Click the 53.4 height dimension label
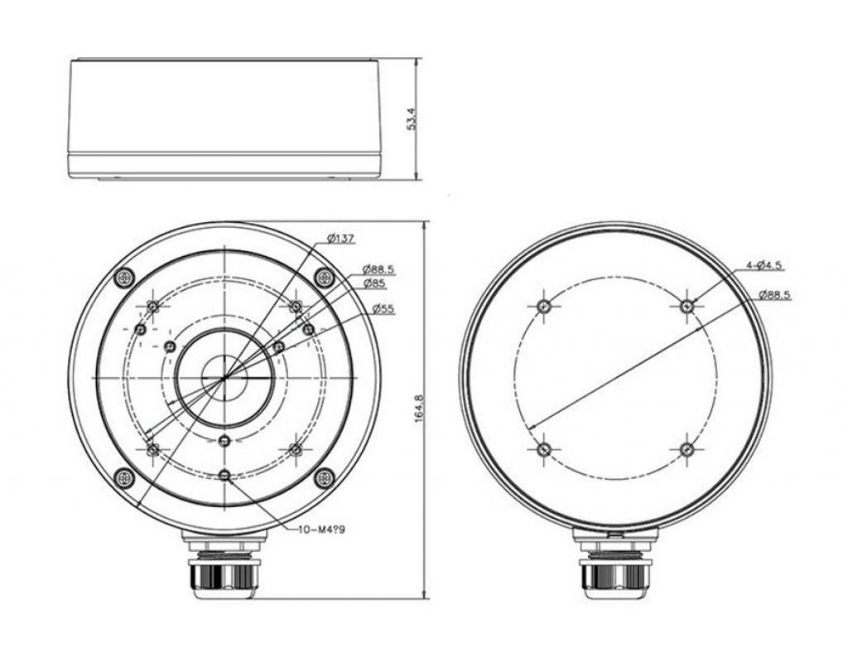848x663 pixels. pyautogui.click(x=412, y=119)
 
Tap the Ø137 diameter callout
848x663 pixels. pyautogui.click(x=340, y=238)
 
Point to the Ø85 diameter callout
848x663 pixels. pyautogui.click(x=374, y=283)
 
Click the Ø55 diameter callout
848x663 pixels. pyautogui.click(x=383, y=309)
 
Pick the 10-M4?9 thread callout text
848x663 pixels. pyautogui.click(x=321, y=530)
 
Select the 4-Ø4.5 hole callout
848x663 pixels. pyautogui.click(x=765, y=265)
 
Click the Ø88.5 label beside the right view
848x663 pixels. pyautogui.click(x=774, y=294)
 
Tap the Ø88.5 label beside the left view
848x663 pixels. pyautogui.click(x=378, y=269)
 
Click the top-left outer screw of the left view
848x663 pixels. pyautogui.click(x=125, y=278)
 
